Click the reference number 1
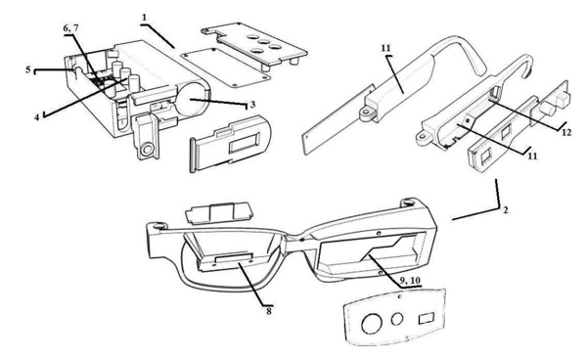(145, 18)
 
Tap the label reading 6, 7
(70, 28)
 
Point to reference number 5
(28, 69)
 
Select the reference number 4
(37, 117)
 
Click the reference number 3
(252, 104)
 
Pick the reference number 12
(566, 132)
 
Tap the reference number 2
(506, 210)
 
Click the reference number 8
(269, 310)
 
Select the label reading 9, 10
(410, 281)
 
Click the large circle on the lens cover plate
(372, 324)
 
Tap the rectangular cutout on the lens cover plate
(427, 319)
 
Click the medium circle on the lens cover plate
(397, 319)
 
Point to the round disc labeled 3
(192, 99)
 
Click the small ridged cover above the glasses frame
(219, 213)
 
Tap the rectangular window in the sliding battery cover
(245, 144)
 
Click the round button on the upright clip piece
(147, 150)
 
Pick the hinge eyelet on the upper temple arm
(366, 113)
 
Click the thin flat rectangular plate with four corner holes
(226, 67)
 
